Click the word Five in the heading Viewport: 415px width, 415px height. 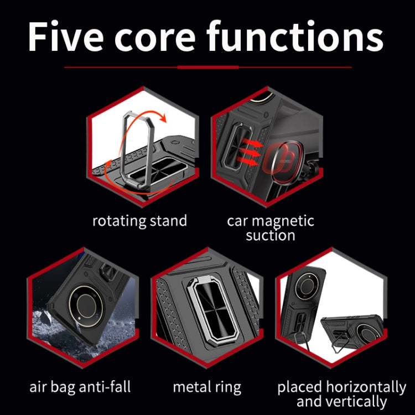(x=66, y=37)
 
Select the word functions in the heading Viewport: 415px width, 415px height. (x=295, y=36)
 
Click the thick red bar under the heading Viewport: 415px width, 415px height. (x=208, y=67)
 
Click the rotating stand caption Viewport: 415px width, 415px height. (x=140, y=221)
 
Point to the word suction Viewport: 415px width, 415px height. (x=270, y=235)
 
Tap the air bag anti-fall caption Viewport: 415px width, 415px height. (x=80, y=387)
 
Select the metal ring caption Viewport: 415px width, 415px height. (x=207, y=387)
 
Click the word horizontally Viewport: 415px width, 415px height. (x=366, y=387)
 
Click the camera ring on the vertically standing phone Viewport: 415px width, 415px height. (x=307, y=287)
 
